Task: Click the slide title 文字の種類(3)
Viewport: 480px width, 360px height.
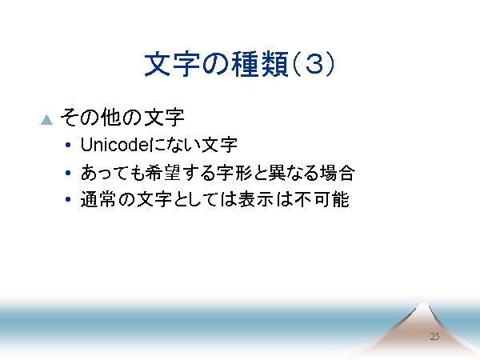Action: click(239, 64)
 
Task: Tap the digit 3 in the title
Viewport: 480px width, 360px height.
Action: click(314, 64)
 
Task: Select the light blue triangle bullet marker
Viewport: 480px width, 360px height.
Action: click(47, 120)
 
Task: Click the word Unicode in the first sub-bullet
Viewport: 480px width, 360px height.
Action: click(114, 145)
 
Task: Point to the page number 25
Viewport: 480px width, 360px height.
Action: click(434, 337)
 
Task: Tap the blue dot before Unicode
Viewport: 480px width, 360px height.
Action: click(68, 145)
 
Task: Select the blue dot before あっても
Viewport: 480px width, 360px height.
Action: click(68, 173)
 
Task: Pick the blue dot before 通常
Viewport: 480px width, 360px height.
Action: click(68, 199)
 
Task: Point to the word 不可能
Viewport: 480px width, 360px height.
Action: click(322, 199)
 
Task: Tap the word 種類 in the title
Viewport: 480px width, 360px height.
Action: click(259, 64)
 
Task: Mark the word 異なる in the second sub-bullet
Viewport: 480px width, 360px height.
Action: click(294, 173)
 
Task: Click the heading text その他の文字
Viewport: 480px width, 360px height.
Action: click(122, 118)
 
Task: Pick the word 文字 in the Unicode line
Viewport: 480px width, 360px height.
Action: click(219, 145)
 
